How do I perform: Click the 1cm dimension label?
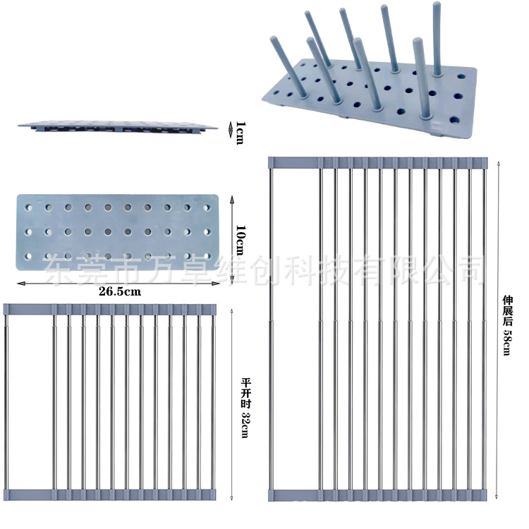(x=240, y=133)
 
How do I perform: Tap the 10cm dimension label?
(x=241, y=241)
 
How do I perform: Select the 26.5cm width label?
(x=120, y=291)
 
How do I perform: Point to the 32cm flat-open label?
(x=246, y=408)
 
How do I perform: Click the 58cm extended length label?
(x=507, y=326)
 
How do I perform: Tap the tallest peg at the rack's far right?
(x=437, y=39)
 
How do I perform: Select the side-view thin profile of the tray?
(x=117, y=126)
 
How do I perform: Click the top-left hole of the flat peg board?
(x=29, y=207)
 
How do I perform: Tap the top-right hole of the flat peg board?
(x=207, y=208)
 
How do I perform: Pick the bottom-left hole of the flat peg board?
(x=28, y=257)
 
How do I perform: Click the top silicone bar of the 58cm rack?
(x=378, y=163)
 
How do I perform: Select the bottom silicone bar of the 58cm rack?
(x=378, y=495)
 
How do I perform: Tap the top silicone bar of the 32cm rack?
(x=109, y=309)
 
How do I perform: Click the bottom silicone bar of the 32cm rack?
(x=109, y=494)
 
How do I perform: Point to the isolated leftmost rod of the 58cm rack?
(x=271, y=329)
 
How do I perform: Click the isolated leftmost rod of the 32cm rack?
(x=6, y=402)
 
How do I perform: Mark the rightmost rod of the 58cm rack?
(x=484, y=329)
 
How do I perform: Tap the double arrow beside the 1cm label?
(x=231, y=130)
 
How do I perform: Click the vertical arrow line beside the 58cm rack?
(x=497, y=329)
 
